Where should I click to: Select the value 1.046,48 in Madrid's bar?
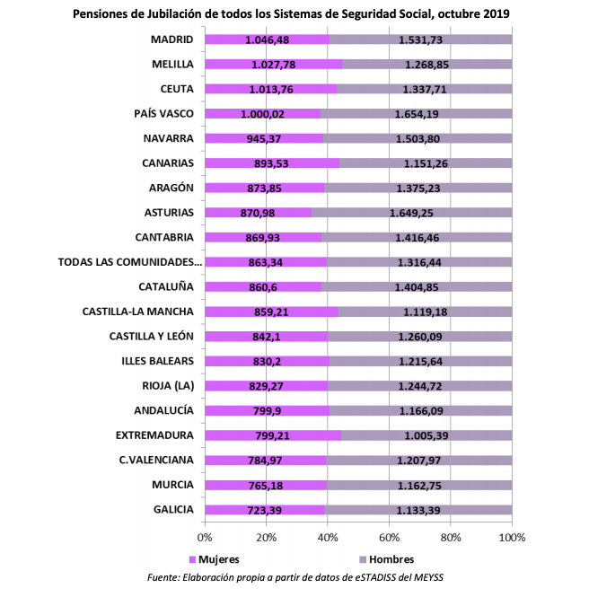coord(267,40)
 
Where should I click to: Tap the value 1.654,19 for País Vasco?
coord(416,114)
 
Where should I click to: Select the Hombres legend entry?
coord(384,557)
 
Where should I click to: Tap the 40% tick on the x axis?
coord(328,537)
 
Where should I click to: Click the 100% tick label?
coord(511,537)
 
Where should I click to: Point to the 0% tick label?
coord(205,537)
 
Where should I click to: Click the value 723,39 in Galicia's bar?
coord(267,510)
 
